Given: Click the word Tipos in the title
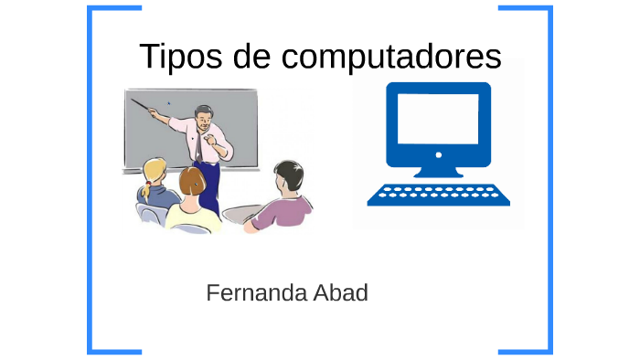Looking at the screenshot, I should click(175, 57).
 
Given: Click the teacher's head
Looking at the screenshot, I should click(204, 116).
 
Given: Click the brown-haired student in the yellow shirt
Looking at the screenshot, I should click(193, 196).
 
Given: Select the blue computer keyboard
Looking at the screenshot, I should click(438, 195).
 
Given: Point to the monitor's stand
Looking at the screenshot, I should click(438, 170).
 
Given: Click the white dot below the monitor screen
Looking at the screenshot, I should click(438, 154).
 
